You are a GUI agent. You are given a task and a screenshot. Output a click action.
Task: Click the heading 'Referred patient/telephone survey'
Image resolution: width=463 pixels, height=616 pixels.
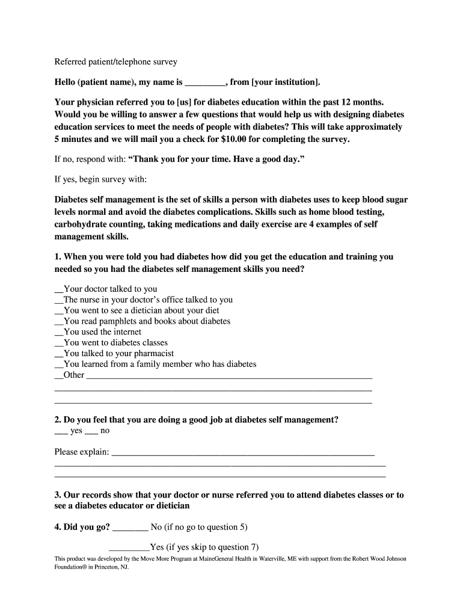click(116, 62)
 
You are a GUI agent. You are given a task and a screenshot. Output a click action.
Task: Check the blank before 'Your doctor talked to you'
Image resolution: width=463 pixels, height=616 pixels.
click(58, 289)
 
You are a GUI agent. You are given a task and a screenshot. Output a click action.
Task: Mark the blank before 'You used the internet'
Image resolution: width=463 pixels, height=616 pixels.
click(58, 332)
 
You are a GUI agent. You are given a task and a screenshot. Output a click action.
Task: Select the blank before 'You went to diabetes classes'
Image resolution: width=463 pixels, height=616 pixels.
click(58, 343)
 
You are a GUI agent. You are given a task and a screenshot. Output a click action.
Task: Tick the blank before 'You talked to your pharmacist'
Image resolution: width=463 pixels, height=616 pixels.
click(58, 354)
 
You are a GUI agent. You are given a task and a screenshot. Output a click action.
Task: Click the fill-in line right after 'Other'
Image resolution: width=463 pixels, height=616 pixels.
click(228, 376)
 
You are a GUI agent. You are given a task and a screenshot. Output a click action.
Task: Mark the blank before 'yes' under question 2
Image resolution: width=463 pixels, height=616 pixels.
click(61, 431)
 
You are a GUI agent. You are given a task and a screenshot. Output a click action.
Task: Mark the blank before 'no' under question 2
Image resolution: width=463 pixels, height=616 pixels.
click(91, 431)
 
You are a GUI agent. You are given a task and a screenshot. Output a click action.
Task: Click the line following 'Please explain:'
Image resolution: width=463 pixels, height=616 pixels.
click(243, 452)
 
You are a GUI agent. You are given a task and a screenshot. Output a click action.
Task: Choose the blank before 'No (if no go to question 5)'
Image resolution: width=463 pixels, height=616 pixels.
click(130, 528)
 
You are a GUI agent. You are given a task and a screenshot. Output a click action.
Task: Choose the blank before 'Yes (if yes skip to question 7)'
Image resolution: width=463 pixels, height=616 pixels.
click(129, 548)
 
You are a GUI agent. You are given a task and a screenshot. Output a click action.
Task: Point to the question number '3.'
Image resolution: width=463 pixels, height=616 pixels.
click(58, 495)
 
